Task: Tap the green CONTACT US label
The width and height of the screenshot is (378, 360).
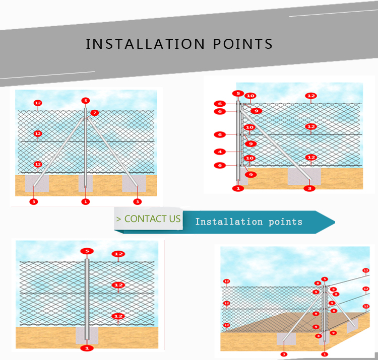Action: (x=148, y=219)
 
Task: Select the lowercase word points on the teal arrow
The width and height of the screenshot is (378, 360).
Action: (x=285, y=222)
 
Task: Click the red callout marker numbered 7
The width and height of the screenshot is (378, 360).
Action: (x=95, y=113)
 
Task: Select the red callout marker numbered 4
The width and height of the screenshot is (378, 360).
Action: (x=220, y=152)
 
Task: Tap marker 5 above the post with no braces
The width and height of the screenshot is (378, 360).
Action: (x=87, y=251)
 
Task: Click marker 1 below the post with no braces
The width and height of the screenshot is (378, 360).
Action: (x=87, y=348)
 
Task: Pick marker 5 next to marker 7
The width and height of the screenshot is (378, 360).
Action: (x=85, y=101)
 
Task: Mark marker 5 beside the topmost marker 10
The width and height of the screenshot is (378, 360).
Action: (x=237, y=93)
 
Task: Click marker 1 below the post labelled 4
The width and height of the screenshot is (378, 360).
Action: (x=238, y=188)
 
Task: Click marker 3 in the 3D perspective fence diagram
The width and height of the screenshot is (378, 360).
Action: (x=284, y=354)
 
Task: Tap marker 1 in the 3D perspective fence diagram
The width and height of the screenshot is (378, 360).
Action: (x=324, y=354)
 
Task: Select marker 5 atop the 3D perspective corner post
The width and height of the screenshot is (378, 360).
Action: (x=325, y=279)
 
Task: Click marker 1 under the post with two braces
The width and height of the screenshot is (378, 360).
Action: (x=85, y=201)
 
